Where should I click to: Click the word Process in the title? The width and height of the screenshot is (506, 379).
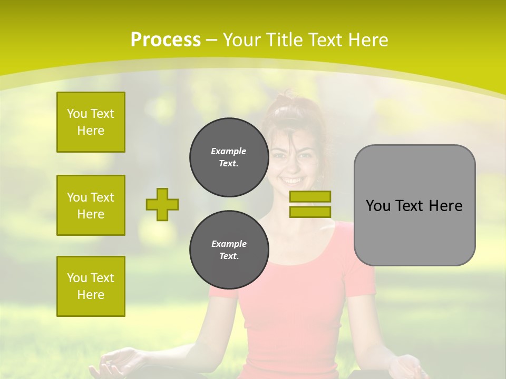point(166,40)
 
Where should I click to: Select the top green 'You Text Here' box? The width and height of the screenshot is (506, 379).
point(91,122)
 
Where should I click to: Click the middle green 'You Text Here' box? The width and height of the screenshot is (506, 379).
point(91,205)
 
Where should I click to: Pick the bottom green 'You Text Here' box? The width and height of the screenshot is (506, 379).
point(91,286)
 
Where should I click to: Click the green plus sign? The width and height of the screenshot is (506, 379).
point(162,204)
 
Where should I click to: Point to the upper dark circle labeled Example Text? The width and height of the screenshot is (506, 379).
point(229,157)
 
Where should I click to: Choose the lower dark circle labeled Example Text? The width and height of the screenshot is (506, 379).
point(229,250)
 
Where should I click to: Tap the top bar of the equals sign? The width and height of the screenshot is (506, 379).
point(310,197)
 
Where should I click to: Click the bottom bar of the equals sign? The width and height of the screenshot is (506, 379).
point(310,212)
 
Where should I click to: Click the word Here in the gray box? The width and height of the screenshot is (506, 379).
point(445,206)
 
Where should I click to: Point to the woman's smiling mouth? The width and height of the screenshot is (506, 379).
point(291,181)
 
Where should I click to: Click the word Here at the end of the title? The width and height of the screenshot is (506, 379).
point(368,40)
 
